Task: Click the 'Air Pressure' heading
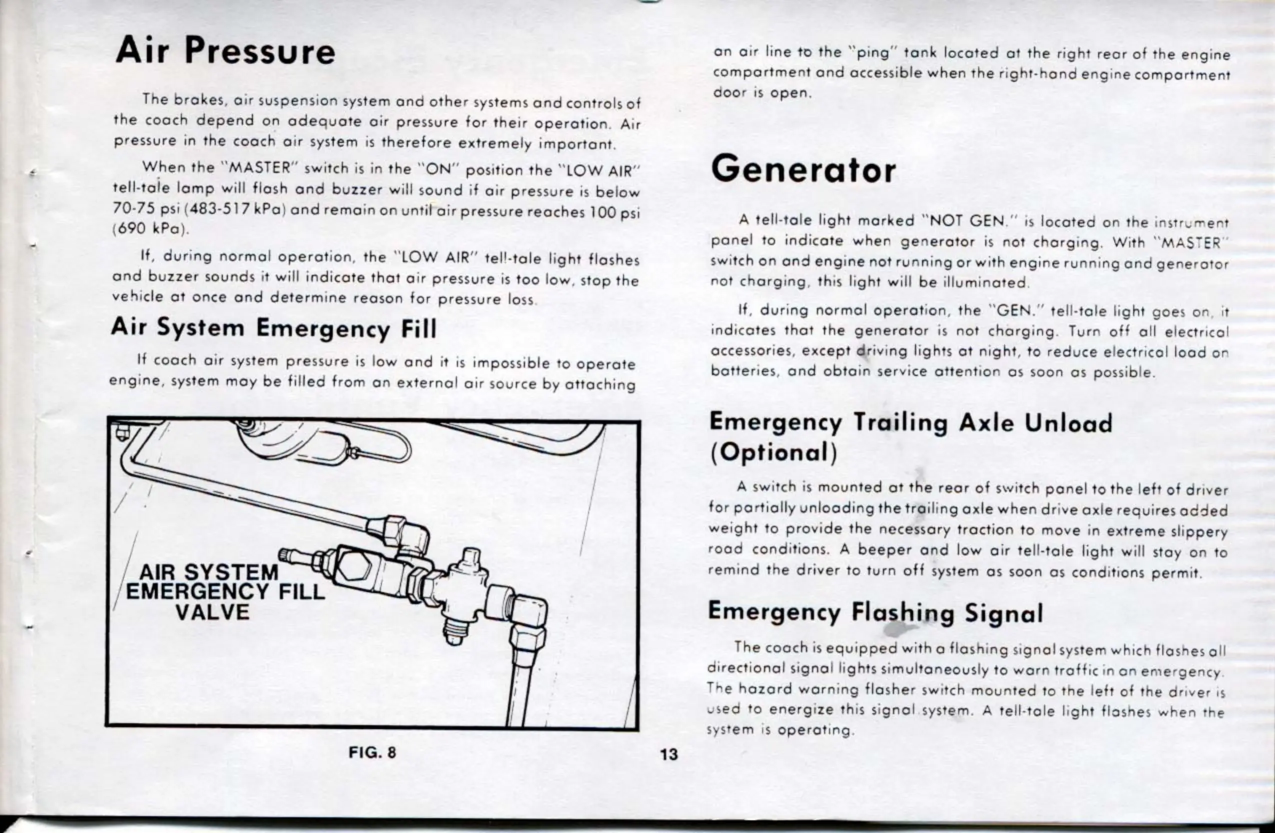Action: coord(225,51)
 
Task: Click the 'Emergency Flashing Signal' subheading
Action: coord(875,612)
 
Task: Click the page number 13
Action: coord(668,754)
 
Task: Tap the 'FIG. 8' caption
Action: coord(372,752)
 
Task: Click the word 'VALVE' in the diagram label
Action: coord(212,612)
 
